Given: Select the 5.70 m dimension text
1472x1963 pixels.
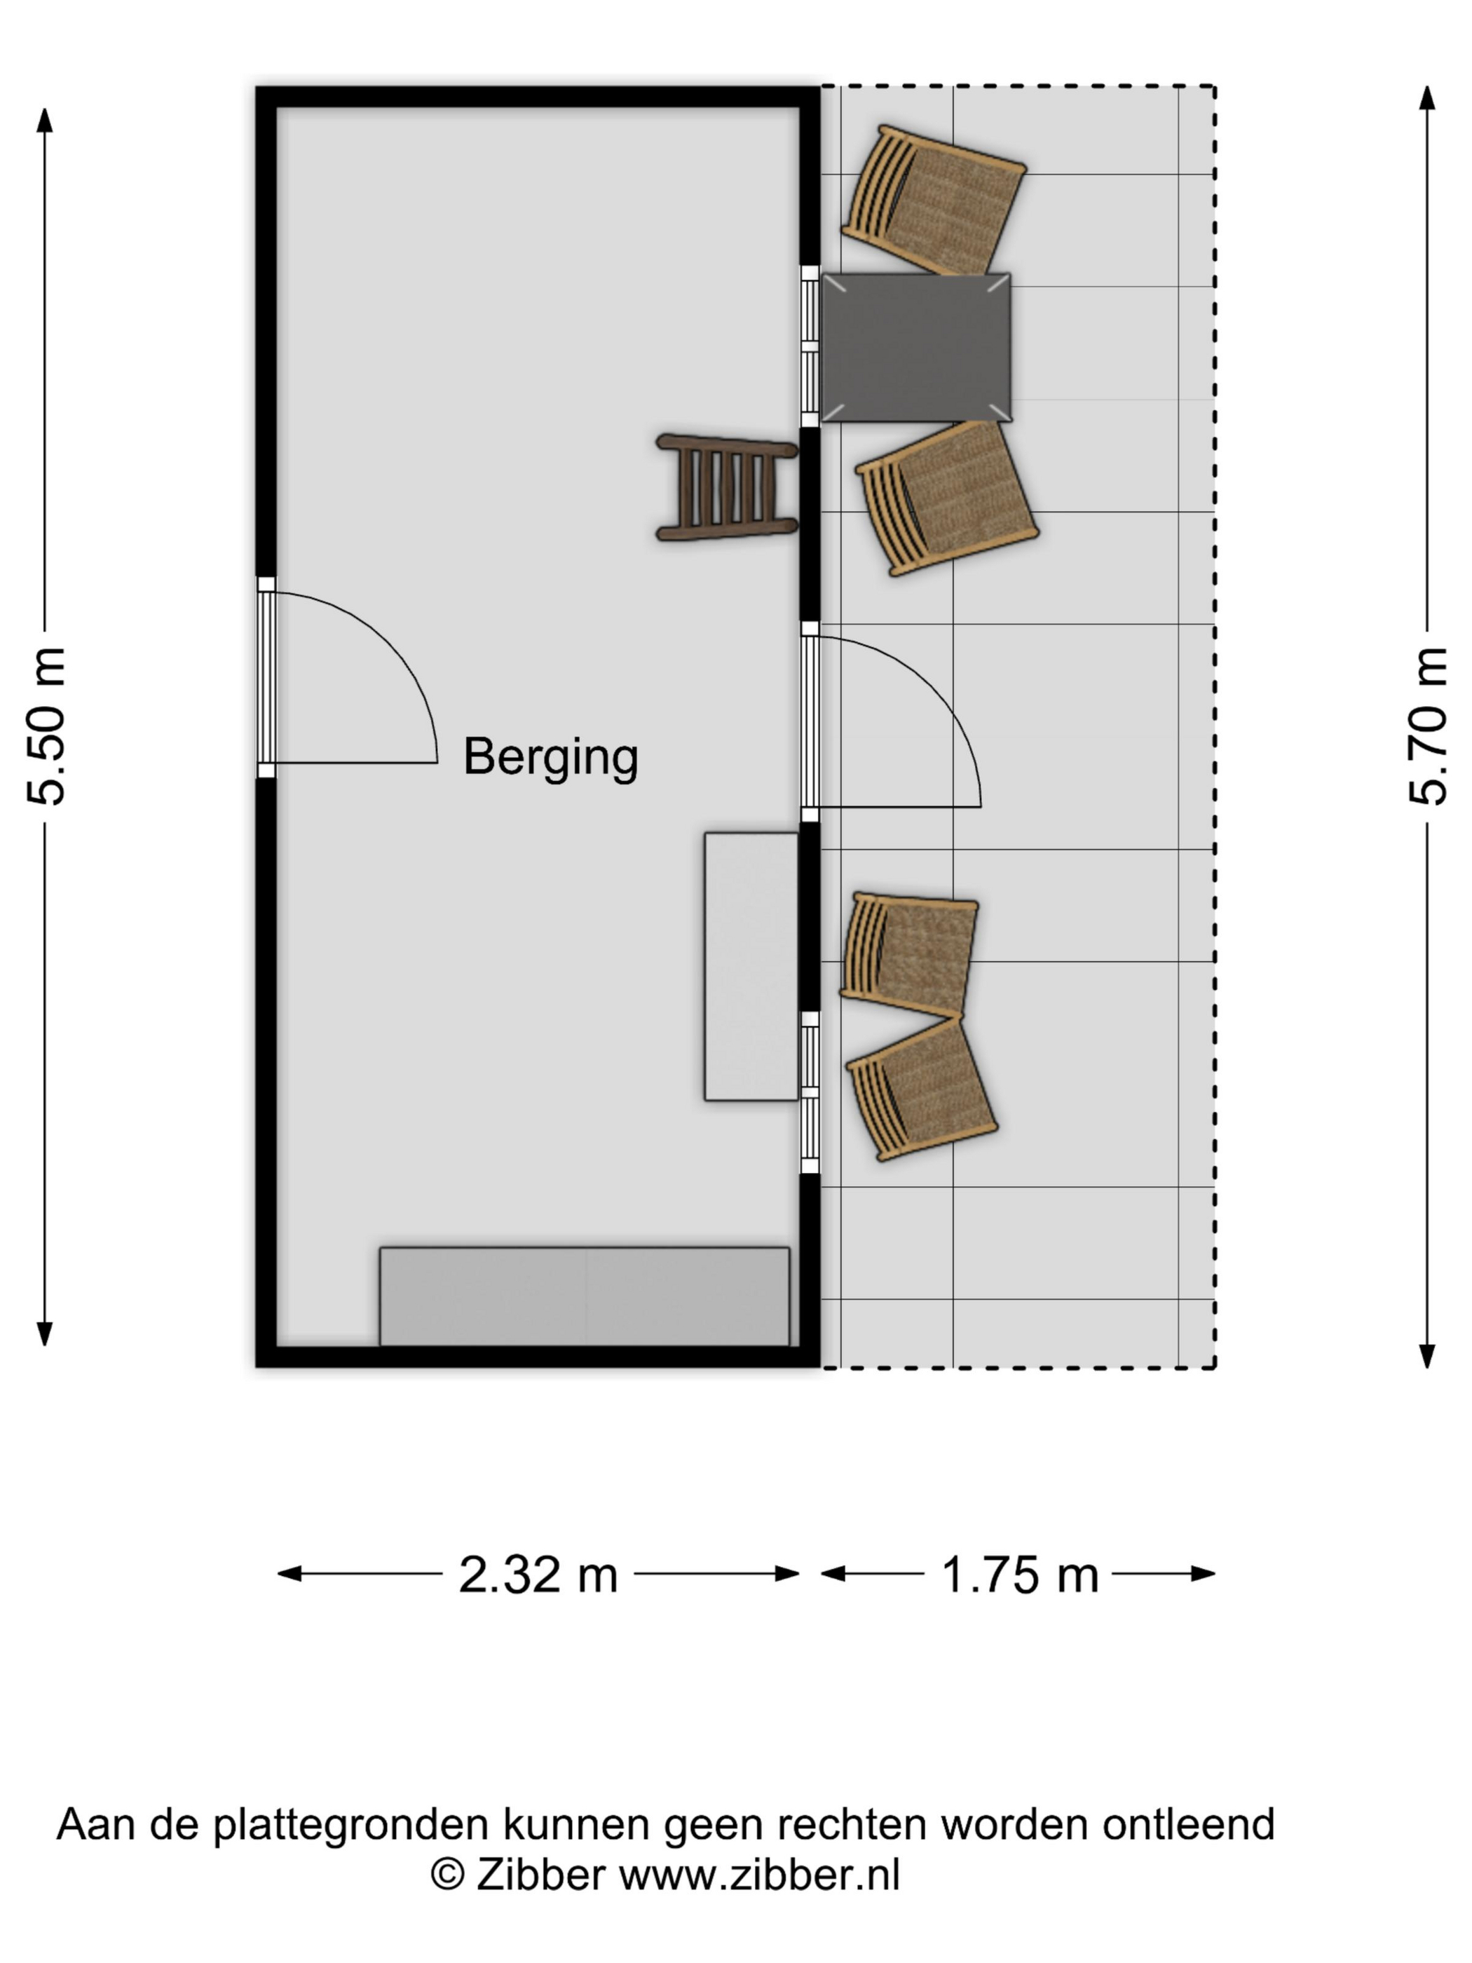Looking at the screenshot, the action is pos(1428,726).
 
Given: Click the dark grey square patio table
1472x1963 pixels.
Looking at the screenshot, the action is pos(915,347).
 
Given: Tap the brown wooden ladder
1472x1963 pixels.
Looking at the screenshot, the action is pos(727,487).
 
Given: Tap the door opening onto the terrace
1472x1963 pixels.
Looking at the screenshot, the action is pos(810,721).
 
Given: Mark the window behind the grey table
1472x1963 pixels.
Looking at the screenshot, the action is pos(810,347).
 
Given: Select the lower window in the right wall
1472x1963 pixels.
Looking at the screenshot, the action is pos(810,1092).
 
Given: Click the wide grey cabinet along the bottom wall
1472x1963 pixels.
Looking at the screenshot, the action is pos(585,1296).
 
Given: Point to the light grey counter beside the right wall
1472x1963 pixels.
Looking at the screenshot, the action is pos(751,966).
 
